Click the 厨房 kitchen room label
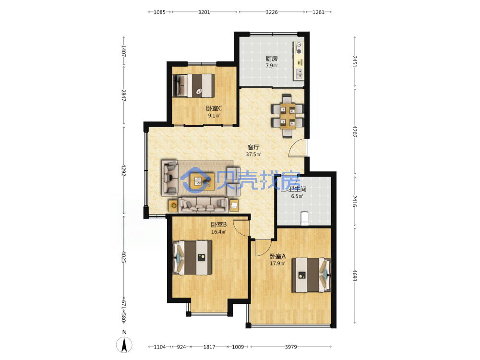pyautogui.click(x=272, y=59)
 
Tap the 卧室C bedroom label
pyautogui.click(x=214, y=108)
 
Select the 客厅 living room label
pyautogui.click(x=253, y=147)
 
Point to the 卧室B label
pyautogui.click(x=218, y=224)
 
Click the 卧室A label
pyautogui.click(x=277, y=256)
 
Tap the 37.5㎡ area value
pyautogui.click(x=253, y=154)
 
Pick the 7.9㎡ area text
pyautogui.click(x=272, y=65)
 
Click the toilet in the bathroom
pyautogui.click(x=304, y=218)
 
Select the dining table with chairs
pyautogui.click(x=287, y=116)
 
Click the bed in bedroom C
pyautogui.click(x=193, y=86)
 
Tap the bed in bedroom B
pyautogui.click(x=192, y=257)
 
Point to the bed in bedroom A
pyautogui.click(x=312, y=275)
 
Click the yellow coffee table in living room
pyautogui.click(x=202, y=181)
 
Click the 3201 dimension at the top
pyautogui.click(x=204, y=12)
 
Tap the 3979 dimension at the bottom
pyautogui.click(x=291, y=347)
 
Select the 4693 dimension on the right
pyautogui.click(x=355, y=276)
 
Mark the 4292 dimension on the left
pyautogui.click(x=124, y=170)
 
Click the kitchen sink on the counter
pyautogui.click(x=299, y=74)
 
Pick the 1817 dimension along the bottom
pyautogui.click(x=209, y=347)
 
